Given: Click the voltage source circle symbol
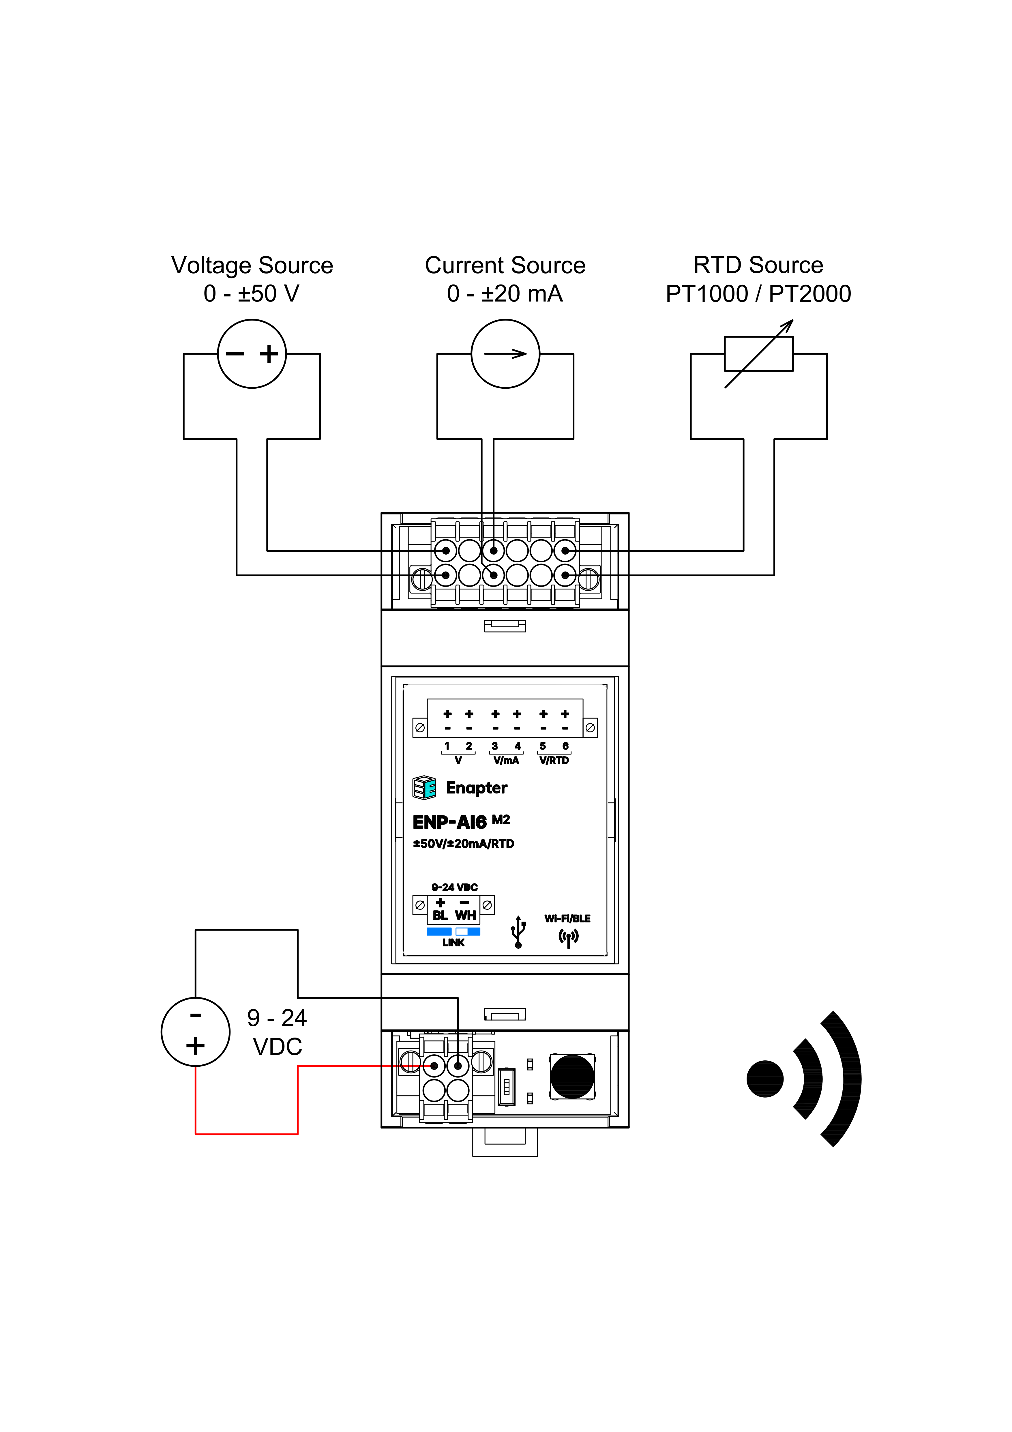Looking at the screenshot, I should point(252,354).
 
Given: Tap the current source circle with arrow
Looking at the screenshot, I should point(505,354).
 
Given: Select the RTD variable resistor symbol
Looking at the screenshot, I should point(758,354).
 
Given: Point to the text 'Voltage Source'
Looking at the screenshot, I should point(252,265).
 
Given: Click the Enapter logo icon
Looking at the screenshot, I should point(424,788).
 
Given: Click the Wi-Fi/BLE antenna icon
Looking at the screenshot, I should point(568,937).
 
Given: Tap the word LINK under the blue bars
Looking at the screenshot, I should point(453,942).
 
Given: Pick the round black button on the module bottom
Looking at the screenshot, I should point(572,1077).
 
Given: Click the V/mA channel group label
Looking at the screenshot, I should point(506,760).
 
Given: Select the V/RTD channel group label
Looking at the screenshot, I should point(554,760).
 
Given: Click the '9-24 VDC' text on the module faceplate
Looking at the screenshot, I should point(455,887).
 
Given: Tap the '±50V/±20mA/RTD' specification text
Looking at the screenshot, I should point(463,844).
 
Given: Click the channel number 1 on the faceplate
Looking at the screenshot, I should point(447,746).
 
